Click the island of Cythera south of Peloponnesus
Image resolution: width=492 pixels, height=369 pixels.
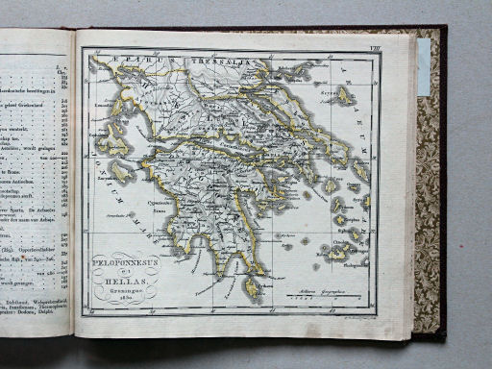pyautogui.click(x=252, y=287)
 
